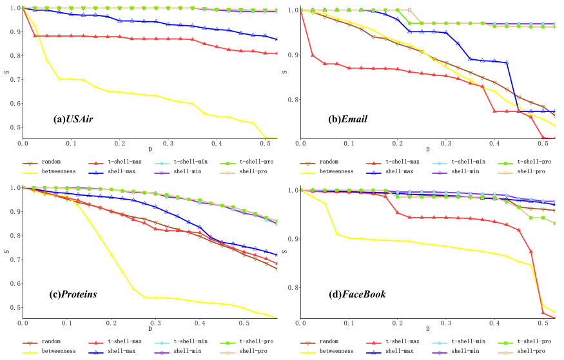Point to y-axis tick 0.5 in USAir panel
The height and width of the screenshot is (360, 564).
pyautogui.click(x=14, y=127)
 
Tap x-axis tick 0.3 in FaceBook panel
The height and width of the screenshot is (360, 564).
pyautogui.click(x=445, y=323)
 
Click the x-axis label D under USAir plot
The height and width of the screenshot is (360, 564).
pyautogui.click(x=150, y=149)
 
